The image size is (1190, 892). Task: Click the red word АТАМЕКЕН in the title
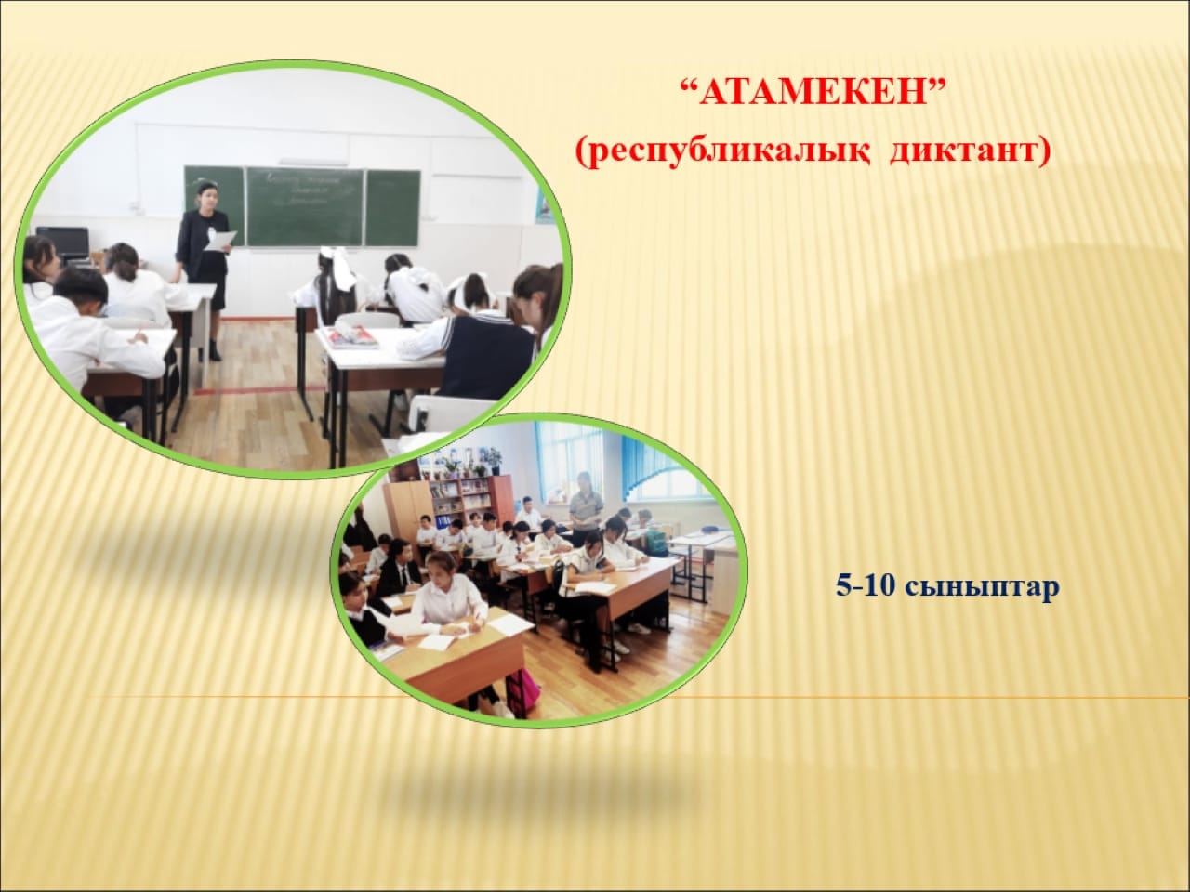tap(813, 93)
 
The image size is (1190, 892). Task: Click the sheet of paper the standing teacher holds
tap(221, 241)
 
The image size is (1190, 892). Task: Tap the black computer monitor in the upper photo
tap(63, 243)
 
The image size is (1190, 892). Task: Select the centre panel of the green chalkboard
tap(305, 206)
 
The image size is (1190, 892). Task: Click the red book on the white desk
tap(353, 337)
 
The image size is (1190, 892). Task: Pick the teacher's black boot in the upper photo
tap(215, 351)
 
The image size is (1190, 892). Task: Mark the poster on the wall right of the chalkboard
tap(544, 205)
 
